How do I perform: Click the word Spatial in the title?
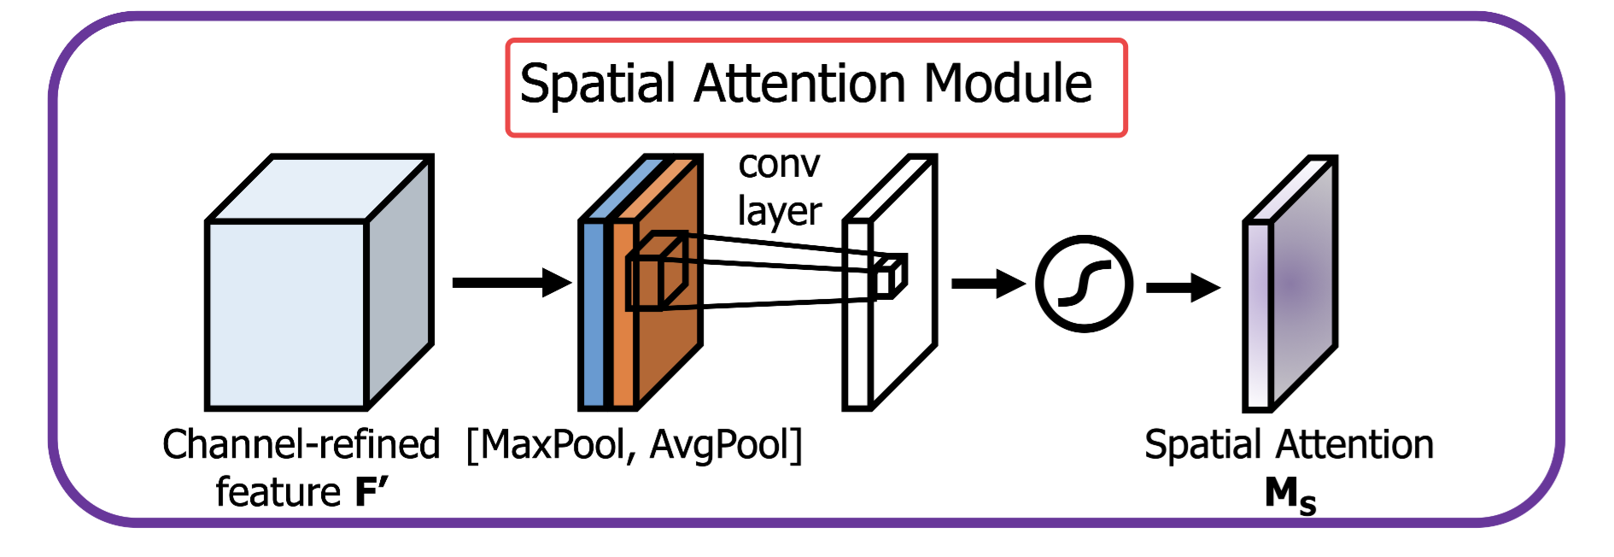click(598, 85)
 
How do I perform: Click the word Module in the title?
click(1008, 85)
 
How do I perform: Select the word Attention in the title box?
click(800, 85)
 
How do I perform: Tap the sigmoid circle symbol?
click(1084, 284)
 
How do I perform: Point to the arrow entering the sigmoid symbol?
click(987, 284)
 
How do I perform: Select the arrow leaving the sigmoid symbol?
click(1182, 287)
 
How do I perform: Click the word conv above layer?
click(779, 164)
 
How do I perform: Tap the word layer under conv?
click(779, 211)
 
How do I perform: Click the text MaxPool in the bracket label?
click(554, 445)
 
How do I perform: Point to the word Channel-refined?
click(301, 445)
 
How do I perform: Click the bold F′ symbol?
click(371, 493)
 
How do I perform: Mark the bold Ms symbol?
click(1289, 495)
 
